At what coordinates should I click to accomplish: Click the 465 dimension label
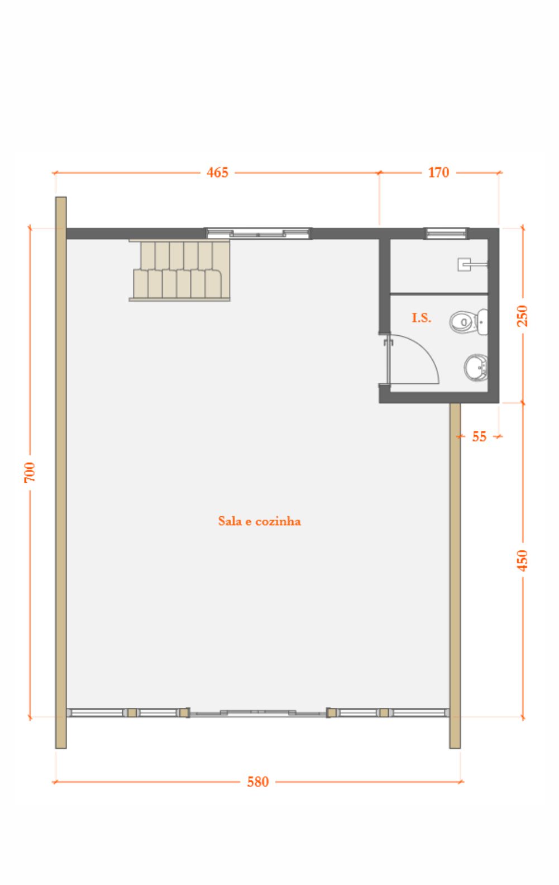pos(218,173)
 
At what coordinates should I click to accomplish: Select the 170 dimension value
pos(438,173)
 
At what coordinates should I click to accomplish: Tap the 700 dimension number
pos(30,472)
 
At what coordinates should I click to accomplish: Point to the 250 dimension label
pos(522,316)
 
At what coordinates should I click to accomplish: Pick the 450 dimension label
pos(522,560)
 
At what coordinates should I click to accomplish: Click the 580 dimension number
pos(258,782)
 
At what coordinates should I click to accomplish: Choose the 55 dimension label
pos(479,436)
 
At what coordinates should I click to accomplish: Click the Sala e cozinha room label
pos(259,521)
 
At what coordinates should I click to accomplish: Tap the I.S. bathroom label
pos(422,318)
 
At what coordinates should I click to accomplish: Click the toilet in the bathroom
pos(469,322)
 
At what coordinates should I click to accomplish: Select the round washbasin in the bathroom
pos(476,368)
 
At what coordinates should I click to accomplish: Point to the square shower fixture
pos(464,264)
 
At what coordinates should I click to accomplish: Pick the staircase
pos(180,270)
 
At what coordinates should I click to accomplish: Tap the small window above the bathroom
pos(447,234)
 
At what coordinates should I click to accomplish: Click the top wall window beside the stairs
pos(258,234)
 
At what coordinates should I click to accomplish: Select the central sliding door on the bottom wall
pos(258,712)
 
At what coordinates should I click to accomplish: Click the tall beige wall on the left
pos(61,472)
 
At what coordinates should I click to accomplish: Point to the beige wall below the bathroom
pos(455,575)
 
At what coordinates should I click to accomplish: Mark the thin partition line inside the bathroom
pos(439,294)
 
